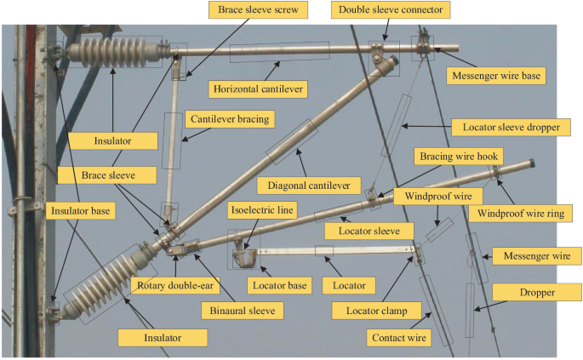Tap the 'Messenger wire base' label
point(494,76)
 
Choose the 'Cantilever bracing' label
point(230,120)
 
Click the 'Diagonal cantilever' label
point(303,184)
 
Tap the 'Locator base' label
point(277,284)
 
